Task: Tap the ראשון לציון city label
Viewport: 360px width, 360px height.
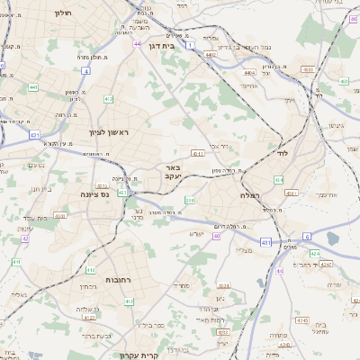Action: pyautogui.click(x=109, y=132)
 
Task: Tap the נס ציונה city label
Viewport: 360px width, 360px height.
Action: pyautogui.click(x=94, y=193)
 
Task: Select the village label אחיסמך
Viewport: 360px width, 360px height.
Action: pyautogui.click(x=325, y=193)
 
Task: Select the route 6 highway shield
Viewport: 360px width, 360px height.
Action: pyautogui.click(x=306, y=237)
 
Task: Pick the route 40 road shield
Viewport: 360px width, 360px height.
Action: pyautogui.click(x=216, y=237)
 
